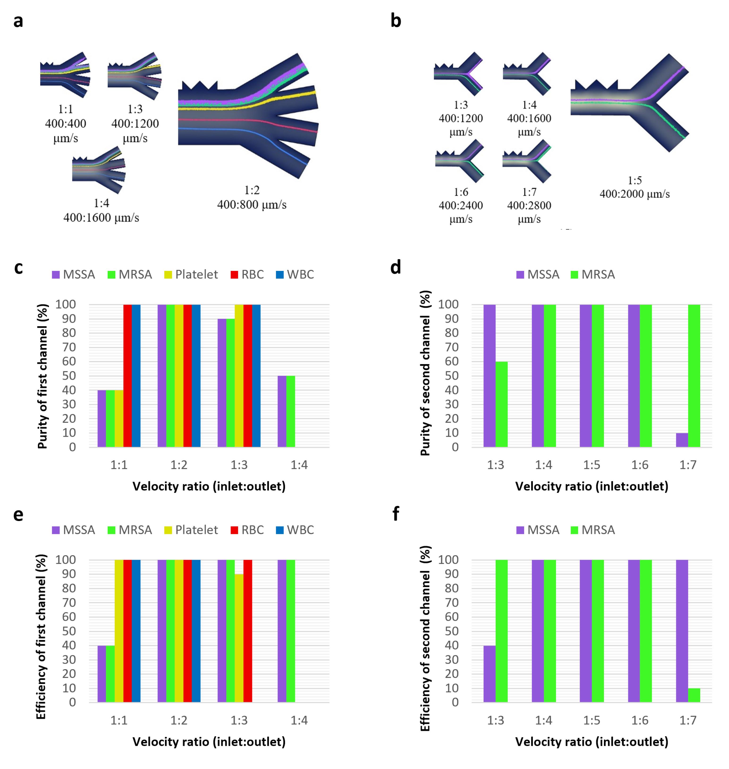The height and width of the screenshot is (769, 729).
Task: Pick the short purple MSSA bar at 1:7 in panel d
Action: (682, 440)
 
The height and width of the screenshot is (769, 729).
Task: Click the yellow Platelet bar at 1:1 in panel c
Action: (119, 419)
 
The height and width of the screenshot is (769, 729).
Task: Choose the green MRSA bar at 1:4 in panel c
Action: (291, 412)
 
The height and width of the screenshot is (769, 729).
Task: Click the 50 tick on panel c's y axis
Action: (69, 376)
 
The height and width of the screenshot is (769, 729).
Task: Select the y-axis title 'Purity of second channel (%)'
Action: (426, 373)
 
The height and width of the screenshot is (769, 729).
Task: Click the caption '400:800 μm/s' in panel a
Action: (252, 204)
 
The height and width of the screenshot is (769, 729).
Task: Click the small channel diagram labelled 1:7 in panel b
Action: (527, 161)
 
